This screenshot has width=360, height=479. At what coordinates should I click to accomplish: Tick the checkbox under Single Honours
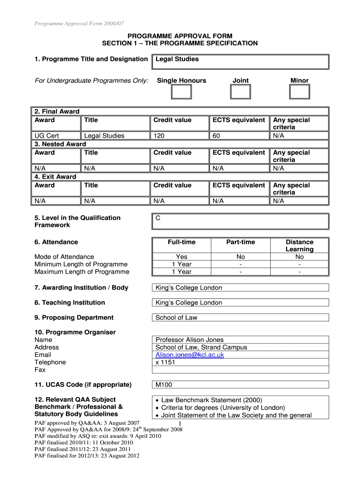pyautogui.click(x=181, y=92)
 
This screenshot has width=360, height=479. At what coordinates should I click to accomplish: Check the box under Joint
pyautogui.click(x=240, y=92)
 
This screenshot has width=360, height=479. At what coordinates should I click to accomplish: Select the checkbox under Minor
pyautogui.click(x=299, y=92)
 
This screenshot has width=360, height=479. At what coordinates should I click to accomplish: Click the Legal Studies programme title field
pyautogui.click(x=240, y=61)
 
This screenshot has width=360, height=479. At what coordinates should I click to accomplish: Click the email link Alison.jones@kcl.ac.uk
pyautogui.click(x=189, y=355)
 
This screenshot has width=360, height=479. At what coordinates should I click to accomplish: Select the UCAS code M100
pyautogui.click(x=164, y=385)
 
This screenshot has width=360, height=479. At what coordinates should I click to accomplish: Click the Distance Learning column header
pyautogui.click(x=299, y=246)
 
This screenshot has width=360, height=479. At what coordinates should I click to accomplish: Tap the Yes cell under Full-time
pyautogui.click(x=181, y=257)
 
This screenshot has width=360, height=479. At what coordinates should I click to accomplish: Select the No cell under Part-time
pyautogui.click(x=240, y=257)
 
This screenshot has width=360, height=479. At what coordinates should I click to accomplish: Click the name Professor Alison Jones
pyautogui.click(x=189, y=340)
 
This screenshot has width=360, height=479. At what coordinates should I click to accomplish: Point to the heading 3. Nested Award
pyautogui.click(x=60, y=144)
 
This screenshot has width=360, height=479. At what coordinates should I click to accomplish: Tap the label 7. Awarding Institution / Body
pyautogui.click(x=81, y=288)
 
